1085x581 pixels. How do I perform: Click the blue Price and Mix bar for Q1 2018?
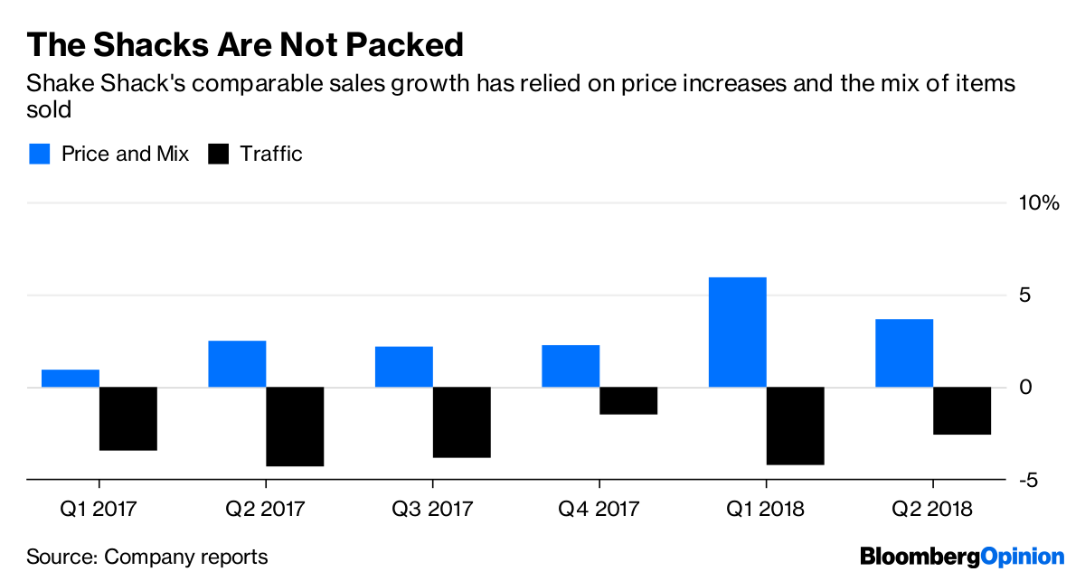pos(738,333)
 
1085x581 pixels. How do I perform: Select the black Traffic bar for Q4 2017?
pos(628,401)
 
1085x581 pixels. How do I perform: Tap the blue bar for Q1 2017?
pos(71,379)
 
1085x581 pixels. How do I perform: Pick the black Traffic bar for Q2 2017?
pos(295,426)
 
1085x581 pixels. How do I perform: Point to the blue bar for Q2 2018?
pos(904,353)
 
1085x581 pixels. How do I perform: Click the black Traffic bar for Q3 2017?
pos(461,422)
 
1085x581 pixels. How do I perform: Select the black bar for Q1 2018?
pos(795,426)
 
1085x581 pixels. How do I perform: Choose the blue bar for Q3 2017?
pos(404,367)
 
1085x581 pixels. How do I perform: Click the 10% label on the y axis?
pos(1039,203)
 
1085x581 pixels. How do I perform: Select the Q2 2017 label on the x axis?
pos(266,510)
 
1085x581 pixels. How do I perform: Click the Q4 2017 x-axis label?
pos(599,510)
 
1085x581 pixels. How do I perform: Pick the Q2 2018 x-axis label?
pos(932,510)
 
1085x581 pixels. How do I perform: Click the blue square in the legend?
pos(38,154)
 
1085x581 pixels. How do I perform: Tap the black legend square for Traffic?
pos(218,154)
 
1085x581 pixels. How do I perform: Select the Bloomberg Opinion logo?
pos(962,556)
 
